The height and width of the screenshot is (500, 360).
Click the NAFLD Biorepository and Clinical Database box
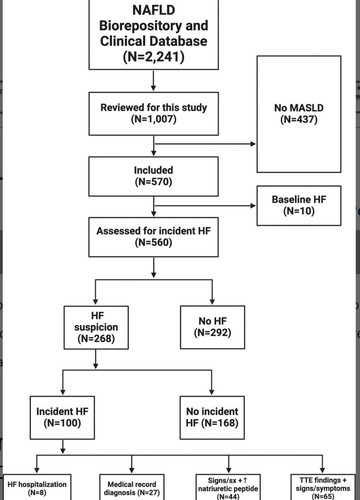pos(154,34)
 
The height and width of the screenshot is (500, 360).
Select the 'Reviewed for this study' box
pos(154,114)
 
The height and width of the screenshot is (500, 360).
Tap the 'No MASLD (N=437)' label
pos(299,114)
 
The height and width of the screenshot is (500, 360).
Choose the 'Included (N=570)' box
pos(154,176)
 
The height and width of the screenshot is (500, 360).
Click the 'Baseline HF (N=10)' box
pos(299,205)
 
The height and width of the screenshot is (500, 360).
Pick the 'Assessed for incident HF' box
pos(154,237)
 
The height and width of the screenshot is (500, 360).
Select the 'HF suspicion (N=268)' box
pos(96,327)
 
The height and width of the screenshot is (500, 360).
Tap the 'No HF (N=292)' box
pos(213,327)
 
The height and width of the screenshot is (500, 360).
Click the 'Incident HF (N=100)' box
pos(62,418)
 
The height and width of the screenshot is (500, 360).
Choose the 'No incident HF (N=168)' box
pos(212,418)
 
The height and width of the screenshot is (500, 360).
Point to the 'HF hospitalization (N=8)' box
pos(37,487)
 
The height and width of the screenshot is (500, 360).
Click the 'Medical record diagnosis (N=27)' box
pos(132,487)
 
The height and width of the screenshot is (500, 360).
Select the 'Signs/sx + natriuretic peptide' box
pos(228,487)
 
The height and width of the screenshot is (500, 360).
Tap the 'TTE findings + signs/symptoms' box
pos(323,487)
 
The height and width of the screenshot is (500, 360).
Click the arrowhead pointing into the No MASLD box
pos(253,144)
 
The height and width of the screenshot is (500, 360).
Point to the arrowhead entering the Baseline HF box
pos(253,206)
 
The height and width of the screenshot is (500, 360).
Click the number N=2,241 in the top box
pos(154,57)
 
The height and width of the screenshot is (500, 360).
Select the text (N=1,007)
pos(154,119)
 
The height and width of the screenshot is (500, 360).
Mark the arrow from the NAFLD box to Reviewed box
pos(153,81)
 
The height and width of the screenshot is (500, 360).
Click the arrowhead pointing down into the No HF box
pos(212,301)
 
